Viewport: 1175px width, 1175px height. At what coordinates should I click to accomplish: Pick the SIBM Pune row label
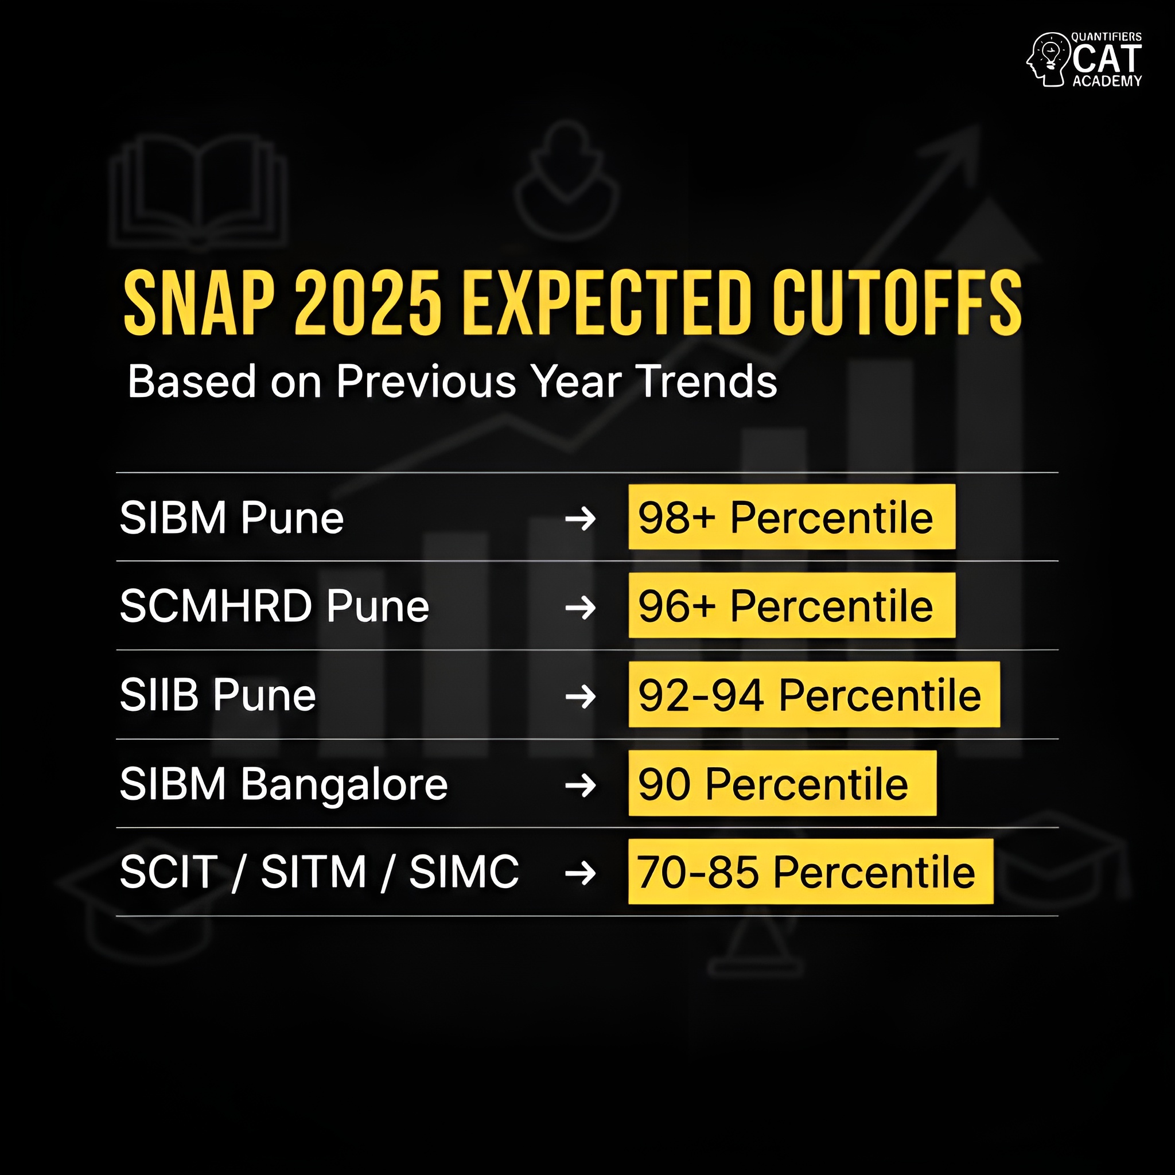(232, 518)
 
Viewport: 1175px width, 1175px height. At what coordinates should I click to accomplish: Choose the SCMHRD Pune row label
(274, 606)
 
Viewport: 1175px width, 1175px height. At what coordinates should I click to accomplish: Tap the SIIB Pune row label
(217, 695)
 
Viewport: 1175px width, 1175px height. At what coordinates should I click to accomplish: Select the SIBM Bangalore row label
(283, 784)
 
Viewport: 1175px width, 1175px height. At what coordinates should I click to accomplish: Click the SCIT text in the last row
(169, 872)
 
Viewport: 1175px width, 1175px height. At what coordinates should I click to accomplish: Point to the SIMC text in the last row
(464, 872)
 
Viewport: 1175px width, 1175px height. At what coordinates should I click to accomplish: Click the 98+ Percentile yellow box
(791, 518)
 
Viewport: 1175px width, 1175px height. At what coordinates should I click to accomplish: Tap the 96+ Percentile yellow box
(791, 606)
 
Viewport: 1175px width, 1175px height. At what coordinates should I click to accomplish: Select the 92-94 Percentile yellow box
(814, 695)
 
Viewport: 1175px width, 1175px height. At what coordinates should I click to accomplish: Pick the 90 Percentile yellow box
(782, 783)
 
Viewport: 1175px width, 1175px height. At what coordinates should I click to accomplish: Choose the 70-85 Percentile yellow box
(810, 871)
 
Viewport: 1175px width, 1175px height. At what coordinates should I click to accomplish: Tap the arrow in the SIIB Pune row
(580, 697)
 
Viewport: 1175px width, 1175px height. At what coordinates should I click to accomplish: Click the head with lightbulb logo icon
(1047, 60)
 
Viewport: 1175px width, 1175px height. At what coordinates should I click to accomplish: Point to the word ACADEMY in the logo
(1107, 81)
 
